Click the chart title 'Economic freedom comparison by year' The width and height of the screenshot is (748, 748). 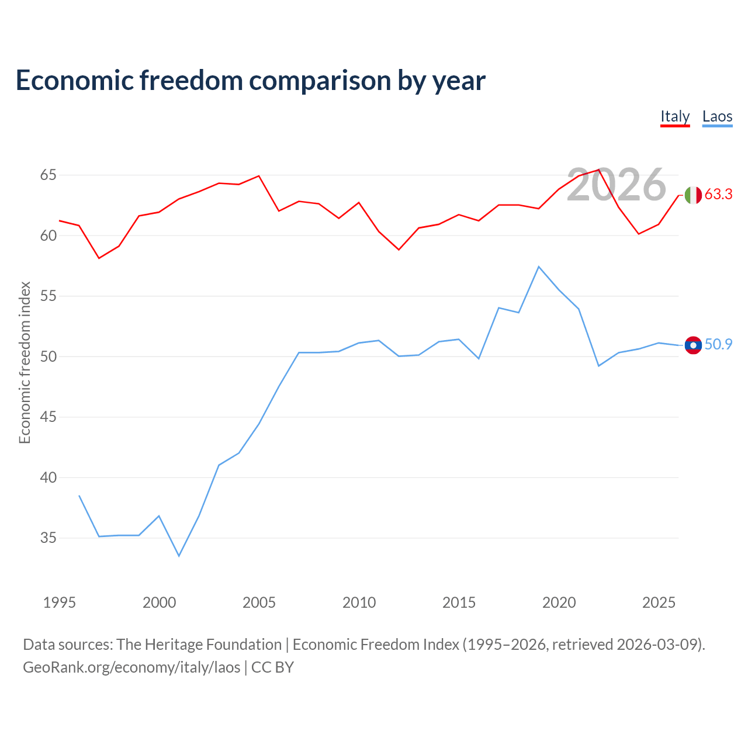[250, 81]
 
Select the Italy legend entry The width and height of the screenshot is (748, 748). [674, 117]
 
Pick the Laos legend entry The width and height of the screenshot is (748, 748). [717, 117]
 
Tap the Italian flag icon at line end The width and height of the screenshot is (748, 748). [693, 195]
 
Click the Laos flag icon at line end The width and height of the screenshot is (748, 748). [693, 345]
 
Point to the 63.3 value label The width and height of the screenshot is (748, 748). [718, 194]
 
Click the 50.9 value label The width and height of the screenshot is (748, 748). [718, 344]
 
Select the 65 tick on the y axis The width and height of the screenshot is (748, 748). [48, 175]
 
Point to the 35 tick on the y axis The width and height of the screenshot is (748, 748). [48, 538]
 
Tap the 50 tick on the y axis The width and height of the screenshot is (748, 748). [48, 356]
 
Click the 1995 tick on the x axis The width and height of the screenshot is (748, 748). [60, 602]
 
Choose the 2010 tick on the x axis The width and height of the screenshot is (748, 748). [359, 602]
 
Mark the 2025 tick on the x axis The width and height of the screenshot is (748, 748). [659, 602]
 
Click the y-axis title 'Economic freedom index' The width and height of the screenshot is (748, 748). [25, 362]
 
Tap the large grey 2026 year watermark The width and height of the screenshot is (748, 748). [617, 185]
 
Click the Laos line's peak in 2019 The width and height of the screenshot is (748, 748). [539, 266]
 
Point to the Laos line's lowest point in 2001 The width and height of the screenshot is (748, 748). [179, 556]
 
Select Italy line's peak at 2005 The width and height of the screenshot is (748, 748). [259, 176]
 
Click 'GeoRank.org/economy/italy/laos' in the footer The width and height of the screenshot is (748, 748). [131, 668]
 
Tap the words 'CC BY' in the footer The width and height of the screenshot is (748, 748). [272, 668]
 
